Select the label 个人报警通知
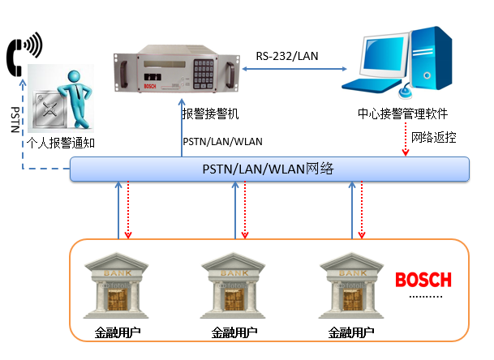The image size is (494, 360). tap(56, 144)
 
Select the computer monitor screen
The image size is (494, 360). tap(380, 56)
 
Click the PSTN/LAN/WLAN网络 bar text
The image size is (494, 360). tap(268, 169)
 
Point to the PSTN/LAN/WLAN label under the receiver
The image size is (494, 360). tap(222, 141)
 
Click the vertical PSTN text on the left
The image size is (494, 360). tap(14, 120)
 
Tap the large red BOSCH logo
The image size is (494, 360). tap(422, 281)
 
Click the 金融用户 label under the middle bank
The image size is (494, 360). tap(235, 332)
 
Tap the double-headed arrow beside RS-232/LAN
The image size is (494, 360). tap(290, 71)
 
